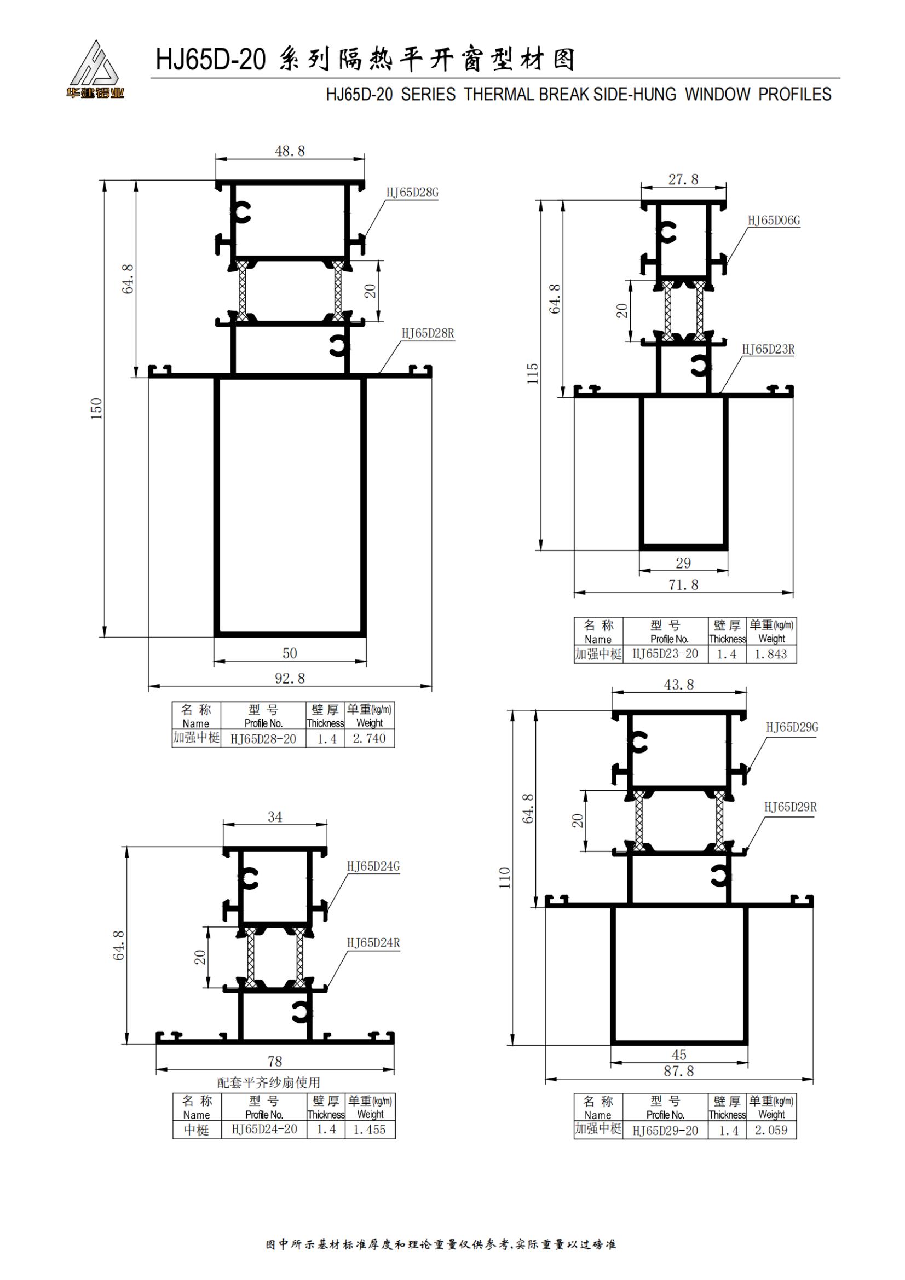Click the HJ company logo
[x=94, y=69]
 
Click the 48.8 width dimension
[x=290, y=151]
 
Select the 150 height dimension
[x=97, y=409]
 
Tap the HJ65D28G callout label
[x=413, y=192]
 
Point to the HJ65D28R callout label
[x=428, y=333]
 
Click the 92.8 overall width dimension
[x=290, y=678]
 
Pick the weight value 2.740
[x=369, y=739]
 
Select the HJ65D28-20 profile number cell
[x=263, y=739]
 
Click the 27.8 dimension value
[x=684, y=179]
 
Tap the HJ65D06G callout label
[x=774, y=221]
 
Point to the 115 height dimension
[x=533, y=374]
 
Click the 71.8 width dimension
[x=684, y=585]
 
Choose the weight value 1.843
[x=771, y=655]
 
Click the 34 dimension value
[x=275, y=817]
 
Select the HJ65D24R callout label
[x=373, y=943]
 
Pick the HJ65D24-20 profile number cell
[x=264, y=1130]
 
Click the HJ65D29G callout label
[x=792, y=727]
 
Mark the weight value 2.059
[x=771, y=1130]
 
